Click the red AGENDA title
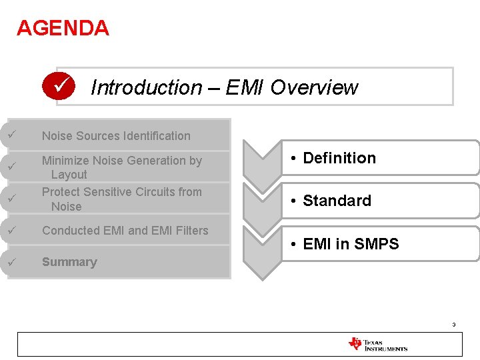tap(63, 28)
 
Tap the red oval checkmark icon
tap(58, 86)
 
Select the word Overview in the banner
tap(314, 87)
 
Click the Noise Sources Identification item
tap(116, 136)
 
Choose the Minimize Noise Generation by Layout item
tap(121, 167)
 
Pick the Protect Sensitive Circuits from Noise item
tap(121, 199)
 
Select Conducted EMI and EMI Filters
tap(125, 231)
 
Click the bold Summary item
tap(69, 262)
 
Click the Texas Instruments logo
tap(377, 344)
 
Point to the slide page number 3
tap(453, 325)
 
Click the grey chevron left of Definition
tap(261, 162)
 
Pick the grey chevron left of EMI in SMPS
tap(261, 250)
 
